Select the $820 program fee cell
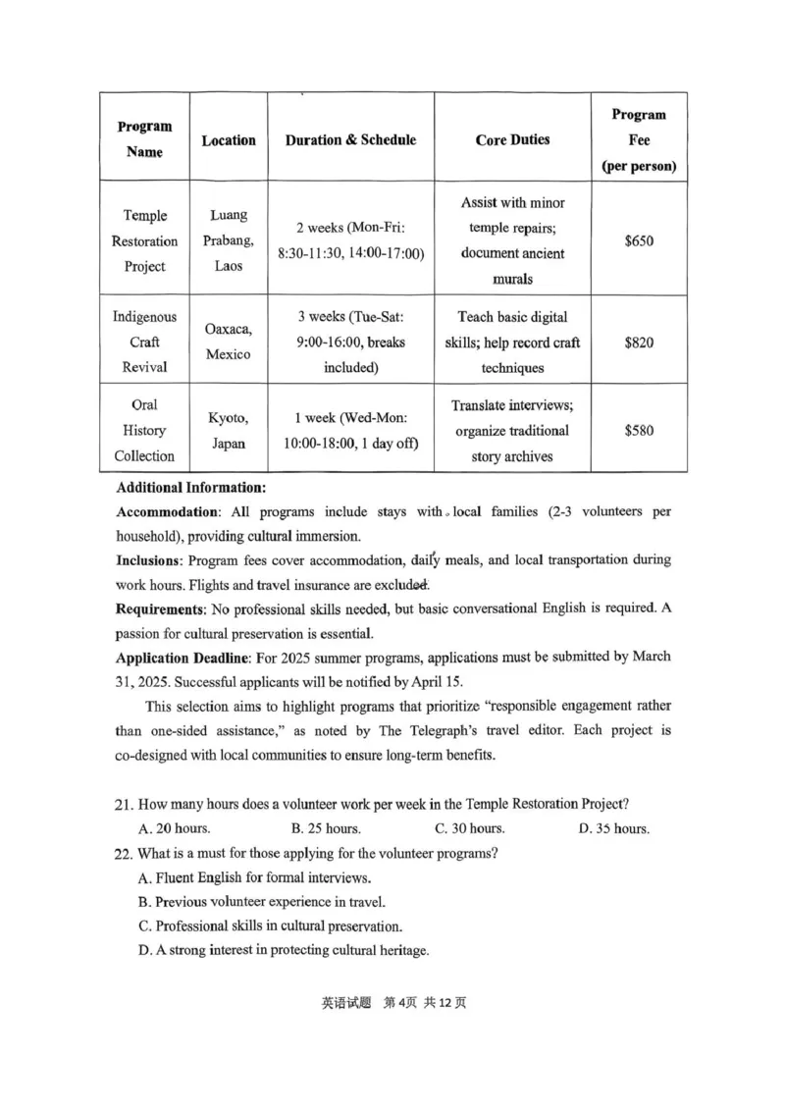(639, 344)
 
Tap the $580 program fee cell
(639, 430)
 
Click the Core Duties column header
(512, 140)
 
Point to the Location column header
(229, 140)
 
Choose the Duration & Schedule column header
(350, 140)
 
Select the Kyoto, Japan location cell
(229, 430)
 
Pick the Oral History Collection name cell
(145, 430)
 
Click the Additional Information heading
(190, 488)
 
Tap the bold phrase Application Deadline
(178, 656)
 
